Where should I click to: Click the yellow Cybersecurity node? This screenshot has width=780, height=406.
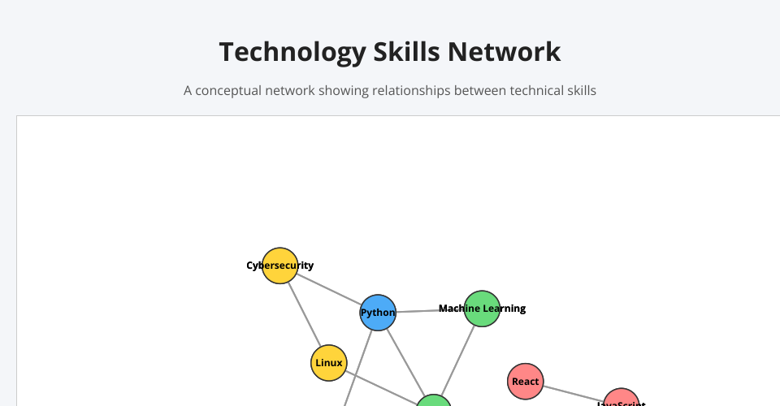(x=279, y=266)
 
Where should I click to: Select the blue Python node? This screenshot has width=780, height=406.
(x=378, y=313)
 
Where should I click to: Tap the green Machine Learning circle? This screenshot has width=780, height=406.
(x=482, y=309)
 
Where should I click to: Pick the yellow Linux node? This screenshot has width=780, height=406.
(x=329, y=363)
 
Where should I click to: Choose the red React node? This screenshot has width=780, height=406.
(x=526, y=382)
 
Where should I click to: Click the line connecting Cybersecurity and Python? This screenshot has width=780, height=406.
(x=329, y=289)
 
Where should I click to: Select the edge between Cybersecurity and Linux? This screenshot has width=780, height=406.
(x=305, y=314)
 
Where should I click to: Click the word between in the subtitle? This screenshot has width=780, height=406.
(x=478, y=91)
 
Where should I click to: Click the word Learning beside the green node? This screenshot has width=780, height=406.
(x=503, y=309)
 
